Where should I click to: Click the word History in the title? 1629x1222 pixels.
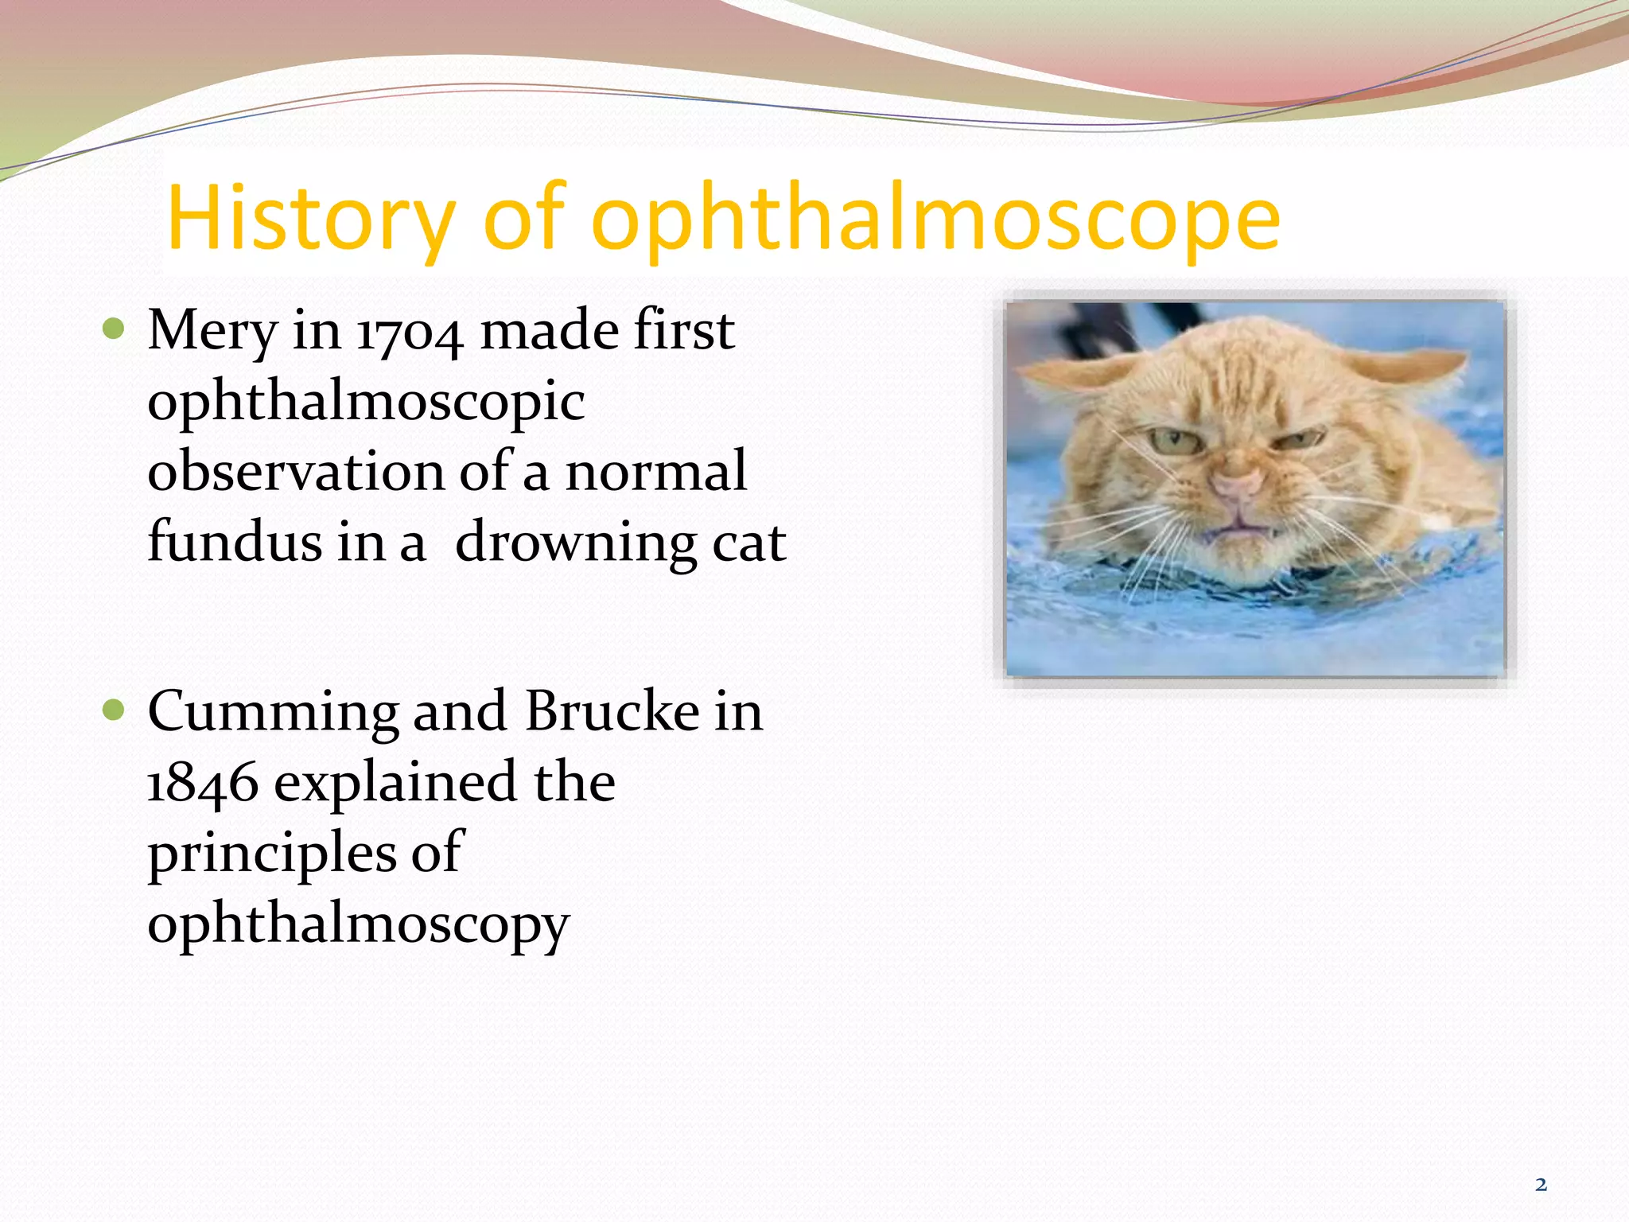(310, 219)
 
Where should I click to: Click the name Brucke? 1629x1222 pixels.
(612, 711)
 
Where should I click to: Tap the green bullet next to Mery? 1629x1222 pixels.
(115, 329)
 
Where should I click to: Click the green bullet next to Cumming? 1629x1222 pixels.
(115, 710)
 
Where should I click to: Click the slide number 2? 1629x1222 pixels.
(1541, 1185)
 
